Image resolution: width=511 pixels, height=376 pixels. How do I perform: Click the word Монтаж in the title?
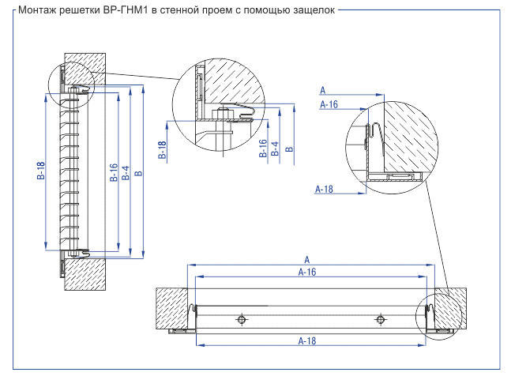[37, 10]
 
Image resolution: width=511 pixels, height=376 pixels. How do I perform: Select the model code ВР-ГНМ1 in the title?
[126, 10]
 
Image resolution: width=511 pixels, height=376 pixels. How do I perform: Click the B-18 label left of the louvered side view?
[41, 171]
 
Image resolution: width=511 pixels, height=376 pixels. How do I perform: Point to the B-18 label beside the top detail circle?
[162, 150]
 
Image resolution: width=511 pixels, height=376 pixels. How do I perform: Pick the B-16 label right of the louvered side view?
[114, 172]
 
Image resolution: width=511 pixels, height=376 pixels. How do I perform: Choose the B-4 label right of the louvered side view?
[126, 173]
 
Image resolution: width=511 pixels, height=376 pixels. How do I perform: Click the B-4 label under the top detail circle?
[275, 149]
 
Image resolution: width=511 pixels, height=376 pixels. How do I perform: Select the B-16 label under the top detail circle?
[263, 149]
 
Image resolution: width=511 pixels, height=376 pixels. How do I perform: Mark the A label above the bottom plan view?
[307, 260]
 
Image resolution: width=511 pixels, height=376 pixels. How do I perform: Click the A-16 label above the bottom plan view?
[307, 272]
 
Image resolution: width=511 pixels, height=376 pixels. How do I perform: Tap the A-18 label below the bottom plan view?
[307, 340]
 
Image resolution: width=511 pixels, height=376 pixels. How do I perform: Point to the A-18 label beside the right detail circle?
[324, 189]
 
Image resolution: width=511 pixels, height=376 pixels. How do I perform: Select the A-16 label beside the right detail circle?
[329, 104]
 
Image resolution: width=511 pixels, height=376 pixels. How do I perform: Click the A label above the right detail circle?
[323, 90]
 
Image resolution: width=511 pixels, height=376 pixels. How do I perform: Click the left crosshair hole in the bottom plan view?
[241, 319]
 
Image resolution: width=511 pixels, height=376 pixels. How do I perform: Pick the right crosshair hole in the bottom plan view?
[380, 319]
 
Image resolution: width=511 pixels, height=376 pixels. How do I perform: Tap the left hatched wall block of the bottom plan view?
[171, 309]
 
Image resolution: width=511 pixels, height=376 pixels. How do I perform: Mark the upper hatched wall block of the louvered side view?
[85, 69]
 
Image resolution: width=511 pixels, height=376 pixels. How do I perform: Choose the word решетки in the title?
[80, 10]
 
